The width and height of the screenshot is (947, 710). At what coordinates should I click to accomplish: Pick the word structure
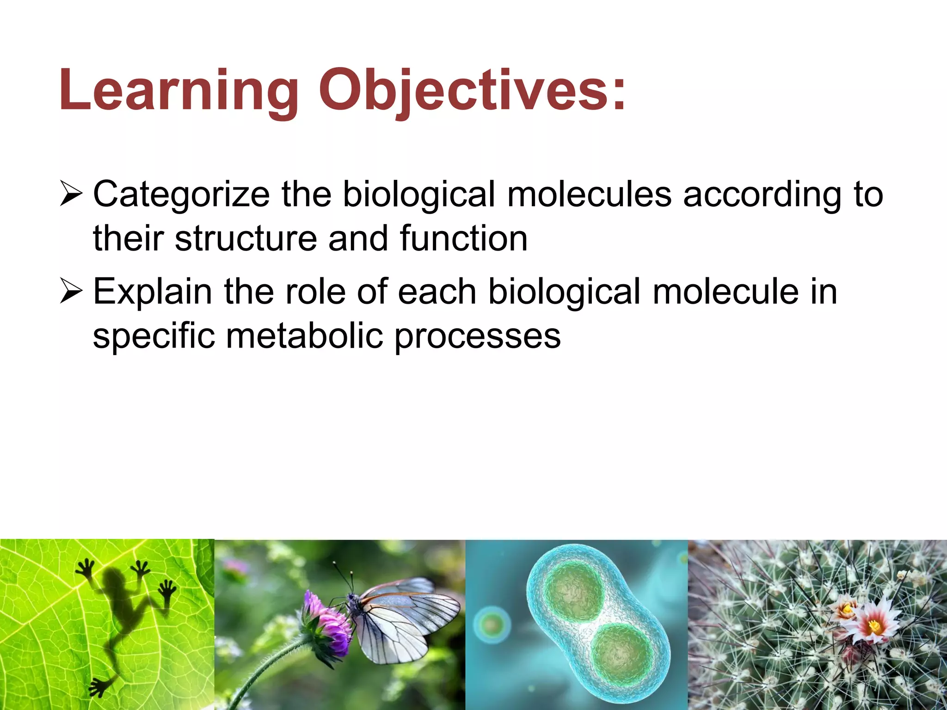[246, 239]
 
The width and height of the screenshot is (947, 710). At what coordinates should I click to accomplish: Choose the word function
[463, 239]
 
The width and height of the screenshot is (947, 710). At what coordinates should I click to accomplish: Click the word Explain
[153, 293]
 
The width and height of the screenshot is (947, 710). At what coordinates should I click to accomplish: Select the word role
[315, 292]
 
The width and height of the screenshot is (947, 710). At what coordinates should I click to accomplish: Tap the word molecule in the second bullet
[725, 292]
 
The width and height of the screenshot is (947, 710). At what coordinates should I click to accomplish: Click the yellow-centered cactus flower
[874, 626]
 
